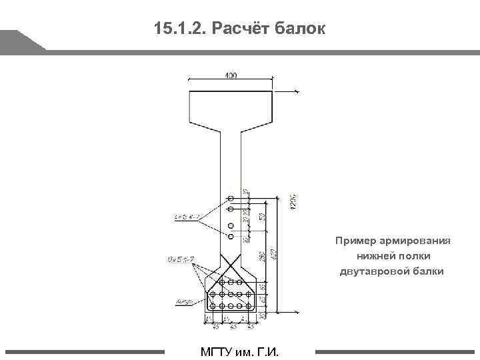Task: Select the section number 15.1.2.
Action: [181, 29]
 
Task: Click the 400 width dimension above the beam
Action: [231, 75]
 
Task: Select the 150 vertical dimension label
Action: [263, 216]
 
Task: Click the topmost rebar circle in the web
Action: [231, 199]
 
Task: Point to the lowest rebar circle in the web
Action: [231, 235]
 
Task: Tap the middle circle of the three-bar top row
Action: [231, 283]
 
